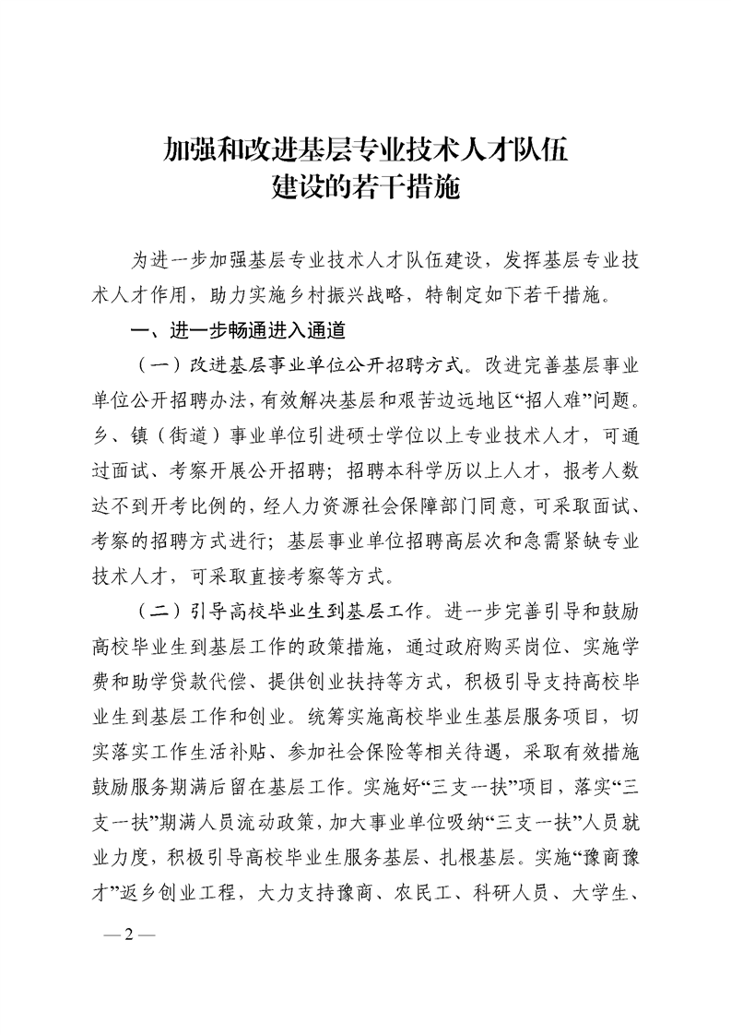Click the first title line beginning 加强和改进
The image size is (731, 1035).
click(365, 148)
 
